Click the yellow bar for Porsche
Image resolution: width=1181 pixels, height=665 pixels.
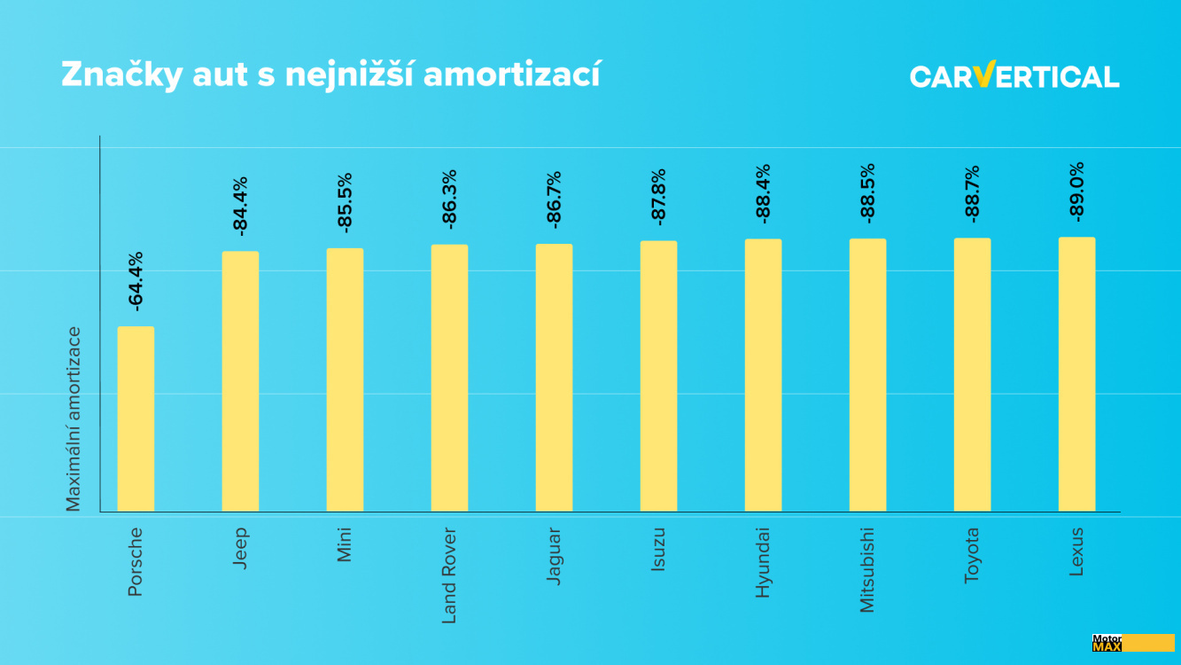pyautogui.click(x=136, y=419)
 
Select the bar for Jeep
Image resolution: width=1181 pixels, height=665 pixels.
pyautogui.click(x=240, y=381)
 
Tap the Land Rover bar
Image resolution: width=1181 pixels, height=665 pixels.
pyautogui.click(x=449, y=378)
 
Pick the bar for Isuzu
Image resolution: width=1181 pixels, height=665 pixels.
pyautogui.click(x=658, y=376)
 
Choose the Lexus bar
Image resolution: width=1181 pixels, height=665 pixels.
pyautogui.click(x=1076, y=374)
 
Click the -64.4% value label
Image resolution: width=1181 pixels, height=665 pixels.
pyautogui.click(x=136, y=281)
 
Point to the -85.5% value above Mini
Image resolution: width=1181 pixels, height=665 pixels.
pyautogui.click(x=345, y=202)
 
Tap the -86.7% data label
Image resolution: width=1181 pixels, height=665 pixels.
pyautogui.click(x=554, y=199)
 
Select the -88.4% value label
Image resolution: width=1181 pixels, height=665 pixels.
pyautogui.click(x=763, y=193)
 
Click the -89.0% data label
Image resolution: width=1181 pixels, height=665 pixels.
pyautogui.click(x=1076, y=192)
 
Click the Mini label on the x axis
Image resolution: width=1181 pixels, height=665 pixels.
pyautogui.click(x=345, y=544)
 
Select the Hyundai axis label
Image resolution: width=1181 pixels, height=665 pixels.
pyautogui.click(x=763, y=562)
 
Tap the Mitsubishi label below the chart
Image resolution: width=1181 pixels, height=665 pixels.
pyautogui.click(x=867, y=569)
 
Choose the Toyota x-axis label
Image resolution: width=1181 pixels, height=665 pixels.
pyautogui.click(x=972, y=555)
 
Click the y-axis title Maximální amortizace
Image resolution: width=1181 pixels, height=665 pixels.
pyautogui.click(x=74, y=419)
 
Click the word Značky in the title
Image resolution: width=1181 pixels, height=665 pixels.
pyautogui.click(x=120, y=75)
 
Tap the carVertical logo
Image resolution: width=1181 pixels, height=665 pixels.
pyautogui.click(x=1014, y=76)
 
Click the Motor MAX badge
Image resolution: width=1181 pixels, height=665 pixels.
pyautogui.click(x=1133, y=643)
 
